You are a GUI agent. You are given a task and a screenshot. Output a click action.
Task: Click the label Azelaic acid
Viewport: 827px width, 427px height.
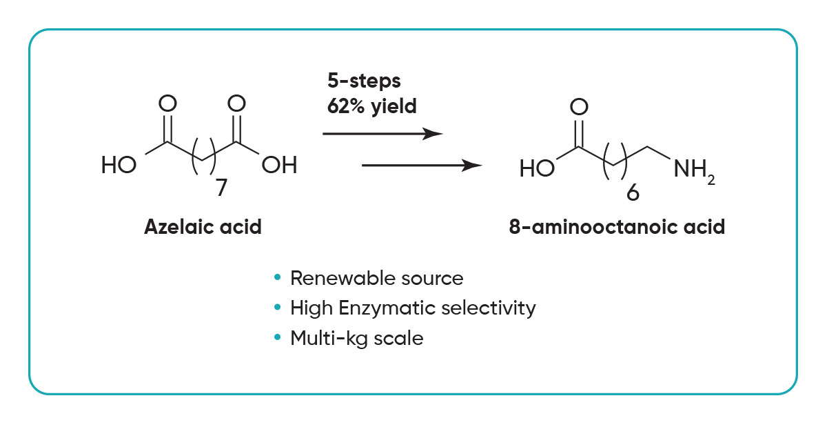coord(203,228)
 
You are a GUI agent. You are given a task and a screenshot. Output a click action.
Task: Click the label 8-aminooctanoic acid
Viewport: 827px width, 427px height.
coord(617,228)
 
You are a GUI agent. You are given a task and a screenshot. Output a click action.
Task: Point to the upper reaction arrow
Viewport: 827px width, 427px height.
coord(382,133)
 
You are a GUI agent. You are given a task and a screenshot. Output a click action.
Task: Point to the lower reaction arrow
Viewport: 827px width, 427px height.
coord(421,166)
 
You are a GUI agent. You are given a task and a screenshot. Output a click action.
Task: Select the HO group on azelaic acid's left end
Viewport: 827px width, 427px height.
coord(119,166)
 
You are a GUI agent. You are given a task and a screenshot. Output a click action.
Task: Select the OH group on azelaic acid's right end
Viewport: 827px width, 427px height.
coord(280,166)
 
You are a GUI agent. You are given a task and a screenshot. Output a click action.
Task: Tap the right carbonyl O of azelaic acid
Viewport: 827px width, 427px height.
coord(236,104)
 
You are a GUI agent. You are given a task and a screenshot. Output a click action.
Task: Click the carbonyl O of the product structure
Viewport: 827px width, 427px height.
coord(580,107)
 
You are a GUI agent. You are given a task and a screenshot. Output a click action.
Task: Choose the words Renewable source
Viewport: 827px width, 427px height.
coord(376,278)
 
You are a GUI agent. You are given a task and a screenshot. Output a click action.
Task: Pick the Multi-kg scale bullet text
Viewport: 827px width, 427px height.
coord(356,338)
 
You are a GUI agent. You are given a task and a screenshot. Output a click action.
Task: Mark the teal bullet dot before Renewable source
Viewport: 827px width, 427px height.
coord(278,278)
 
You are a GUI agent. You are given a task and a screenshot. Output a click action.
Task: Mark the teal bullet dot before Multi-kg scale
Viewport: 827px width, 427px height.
coord(278,338)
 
